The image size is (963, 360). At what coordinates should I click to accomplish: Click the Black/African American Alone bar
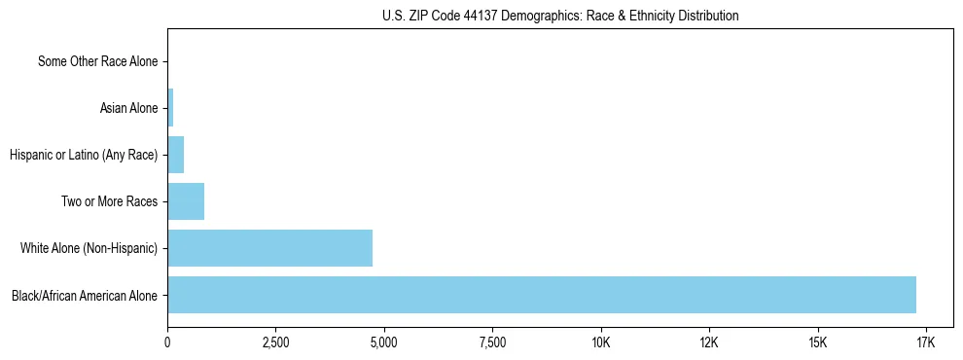click(542, 295)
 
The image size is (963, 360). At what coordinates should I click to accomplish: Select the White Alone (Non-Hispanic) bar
click(269, 248)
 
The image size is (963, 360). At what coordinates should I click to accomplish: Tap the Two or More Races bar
click(186, 201)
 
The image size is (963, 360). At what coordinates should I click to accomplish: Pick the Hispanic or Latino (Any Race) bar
click(175, 155)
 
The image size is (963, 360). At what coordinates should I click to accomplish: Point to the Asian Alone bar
click(170, 108)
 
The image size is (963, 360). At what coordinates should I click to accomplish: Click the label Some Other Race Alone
click(97, 62)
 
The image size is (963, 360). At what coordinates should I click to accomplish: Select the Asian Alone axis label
click(128, 108)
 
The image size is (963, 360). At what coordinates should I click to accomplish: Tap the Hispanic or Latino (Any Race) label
click(83, 155)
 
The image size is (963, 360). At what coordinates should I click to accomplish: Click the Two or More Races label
click(114, 201)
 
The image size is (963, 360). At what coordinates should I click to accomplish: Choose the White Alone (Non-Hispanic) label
click(89, 248)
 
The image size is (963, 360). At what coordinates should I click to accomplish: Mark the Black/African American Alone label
click(85, 295)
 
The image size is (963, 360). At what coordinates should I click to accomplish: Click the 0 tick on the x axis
click(167, 342)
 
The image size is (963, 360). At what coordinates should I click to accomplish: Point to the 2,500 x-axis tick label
click(275, 342)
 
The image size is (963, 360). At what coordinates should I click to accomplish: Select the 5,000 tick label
click(384, 342)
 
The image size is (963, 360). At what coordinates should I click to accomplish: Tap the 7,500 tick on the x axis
click(492, 342)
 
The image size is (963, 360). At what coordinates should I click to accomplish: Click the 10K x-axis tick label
click(600, 342)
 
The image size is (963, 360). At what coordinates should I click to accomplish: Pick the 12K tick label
click(708, 342)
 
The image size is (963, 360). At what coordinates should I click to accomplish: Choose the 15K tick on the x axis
click(817, 342)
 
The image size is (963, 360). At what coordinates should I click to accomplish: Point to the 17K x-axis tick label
click(925, 342)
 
